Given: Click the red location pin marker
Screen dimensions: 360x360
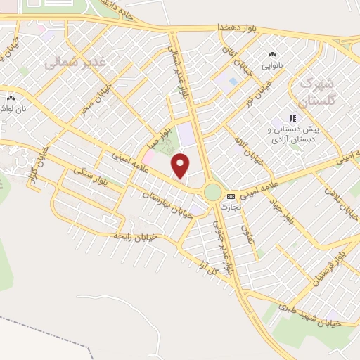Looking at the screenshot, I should [181, 165].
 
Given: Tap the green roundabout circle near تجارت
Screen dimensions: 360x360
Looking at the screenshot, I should [213, 192].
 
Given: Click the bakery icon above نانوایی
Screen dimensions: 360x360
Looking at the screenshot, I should [271, 54].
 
